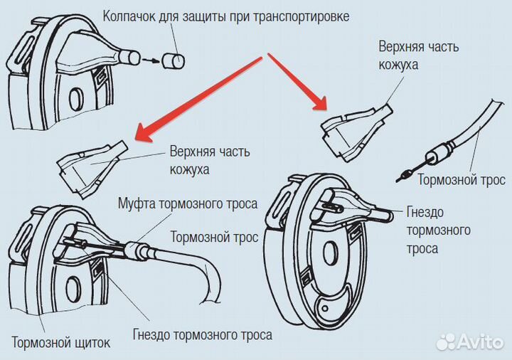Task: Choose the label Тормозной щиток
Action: [61, 343]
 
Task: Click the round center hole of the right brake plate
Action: [331, 253]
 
